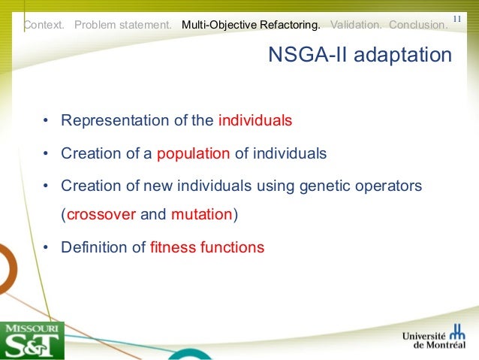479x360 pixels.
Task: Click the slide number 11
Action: [x=458, y=18]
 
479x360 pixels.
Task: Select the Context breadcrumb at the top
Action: [x=44, y=25]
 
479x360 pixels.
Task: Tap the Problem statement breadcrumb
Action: [x=123, y=25]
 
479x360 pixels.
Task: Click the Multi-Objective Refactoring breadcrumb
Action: [x=251, y=25]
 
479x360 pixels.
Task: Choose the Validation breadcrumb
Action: [x=355, y=25]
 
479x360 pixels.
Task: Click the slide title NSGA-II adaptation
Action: [x=360, y=56]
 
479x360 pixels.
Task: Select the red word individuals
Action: [x=255, y=120]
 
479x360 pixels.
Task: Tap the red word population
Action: [x=193, y=153]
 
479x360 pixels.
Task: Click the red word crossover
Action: [x=101, y=214]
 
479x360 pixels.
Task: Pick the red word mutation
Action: [x=202, y=214]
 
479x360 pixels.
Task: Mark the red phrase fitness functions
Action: [x=207, y=247]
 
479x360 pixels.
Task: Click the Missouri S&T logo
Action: [x=32, y=340]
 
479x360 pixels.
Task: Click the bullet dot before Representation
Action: [x=46, y=121]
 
